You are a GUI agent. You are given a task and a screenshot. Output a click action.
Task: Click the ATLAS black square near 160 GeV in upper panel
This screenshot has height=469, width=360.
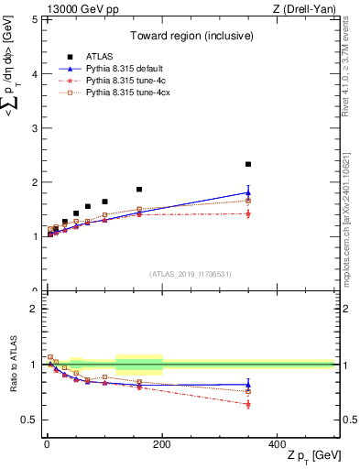139,190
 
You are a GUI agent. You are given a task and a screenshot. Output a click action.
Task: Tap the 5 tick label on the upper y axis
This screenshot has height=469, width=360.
34,19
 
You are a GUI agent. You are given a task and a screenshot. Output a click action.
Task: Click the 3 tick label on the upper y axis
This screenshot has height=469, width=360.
34,128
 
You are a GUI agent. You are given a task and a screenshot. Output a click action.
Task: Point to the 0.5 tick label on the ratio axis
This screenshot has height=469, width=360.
30,420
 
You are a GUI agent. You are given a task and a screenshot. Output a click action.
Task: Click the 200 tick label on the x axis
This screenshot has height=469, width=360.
162,444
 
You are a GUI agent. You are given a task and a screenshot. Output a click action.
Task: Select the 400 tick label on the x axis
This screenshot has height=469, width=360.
277,444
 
